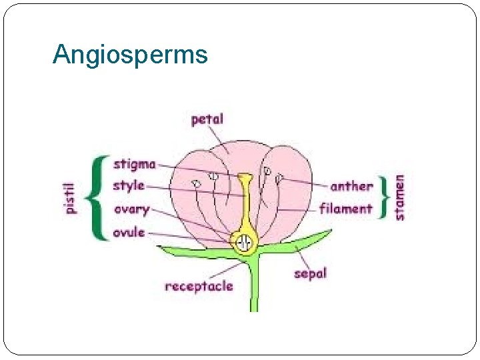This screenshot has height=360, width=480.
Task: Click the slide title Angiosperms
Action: click(130, 55)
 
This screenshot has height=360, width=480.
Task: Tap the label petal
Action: click(207, 120)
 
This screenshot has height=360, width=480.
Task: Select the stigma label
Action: click(134, 164)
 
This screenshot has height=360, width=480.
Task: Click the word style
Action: click(128, 185)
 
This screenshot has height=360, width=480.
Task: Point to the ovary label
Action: click(131, 209)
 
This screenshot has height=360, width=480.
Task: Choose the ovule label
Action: click(129, 233)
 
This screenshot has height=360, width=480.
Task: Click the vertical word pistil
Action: click(70, 199)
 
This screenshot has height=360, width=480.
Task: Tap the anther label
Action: click(351, 186)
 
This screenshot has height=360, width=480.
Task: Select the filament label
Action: click(345, 209)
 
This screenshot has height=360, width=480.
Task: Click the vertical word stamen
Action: click(399, 197)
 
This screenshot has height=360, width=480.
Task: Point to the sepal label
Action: click(310, 273)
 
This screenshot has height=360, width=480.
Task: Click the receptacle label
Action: click(199, 287)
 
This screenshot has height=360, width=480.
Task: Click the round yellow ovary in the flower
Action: click(245, 243)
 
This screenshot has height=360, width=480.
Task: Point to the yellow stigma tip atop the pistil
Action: click(245, 179)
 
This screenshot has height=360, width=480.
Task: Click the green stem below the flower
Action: click(254, 287)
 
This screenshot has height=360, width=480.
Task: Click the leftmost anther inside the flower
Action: click(197, 183)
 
